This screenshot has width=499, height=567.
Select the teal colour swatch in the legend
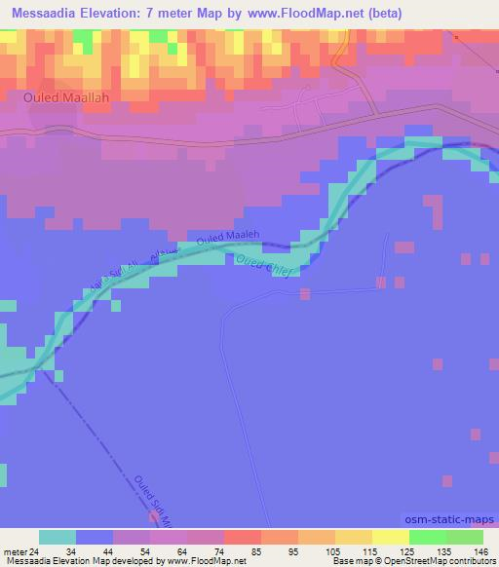tap(58, 537)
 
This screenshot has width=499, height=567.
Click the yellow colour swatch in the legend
tap(390, 537)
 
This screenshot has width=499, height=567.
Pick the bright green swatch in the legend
tap(427, 537)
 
